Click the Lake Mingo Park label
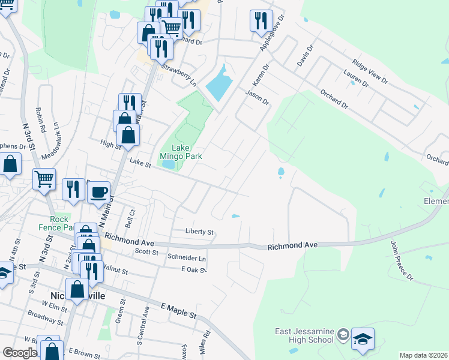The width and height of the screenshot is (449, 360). pyautogui.click(x=181, y=152)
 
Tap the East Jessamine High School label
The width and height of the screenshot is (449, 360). pyautogui.click(x=304, y=335)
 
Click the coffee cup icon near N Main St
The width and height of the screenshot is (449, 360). pyautogui.click(x=99, y=193)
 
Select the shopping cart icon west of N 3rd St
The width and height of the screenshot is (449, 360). pyautogui.click(x=44, y=179)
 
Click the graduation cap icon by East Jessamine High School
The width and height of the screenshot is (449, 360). pyautogui.click(x=363, y=339)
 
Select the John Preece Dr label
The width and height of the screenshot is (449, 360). pyautogui.click(x=402, y=262)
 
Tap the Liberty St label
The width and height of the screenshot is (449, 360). pyautogui.click(x=199, y=232)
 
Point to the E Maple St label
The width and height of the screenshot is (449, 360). pyautogui.click(x=178, y=310)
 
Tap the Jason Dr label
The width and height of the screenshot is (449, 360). pyautogui.click(x=258, y=97)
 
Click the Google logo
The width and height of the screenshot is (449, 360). pyautogui.click(x=20, y=353)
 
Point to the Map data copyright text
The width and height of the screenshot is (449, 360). pyautogui.click(x=423, y=355)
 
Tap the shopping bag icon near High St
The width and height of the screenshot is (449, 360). pyautogui.click(x=128, y=134)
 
